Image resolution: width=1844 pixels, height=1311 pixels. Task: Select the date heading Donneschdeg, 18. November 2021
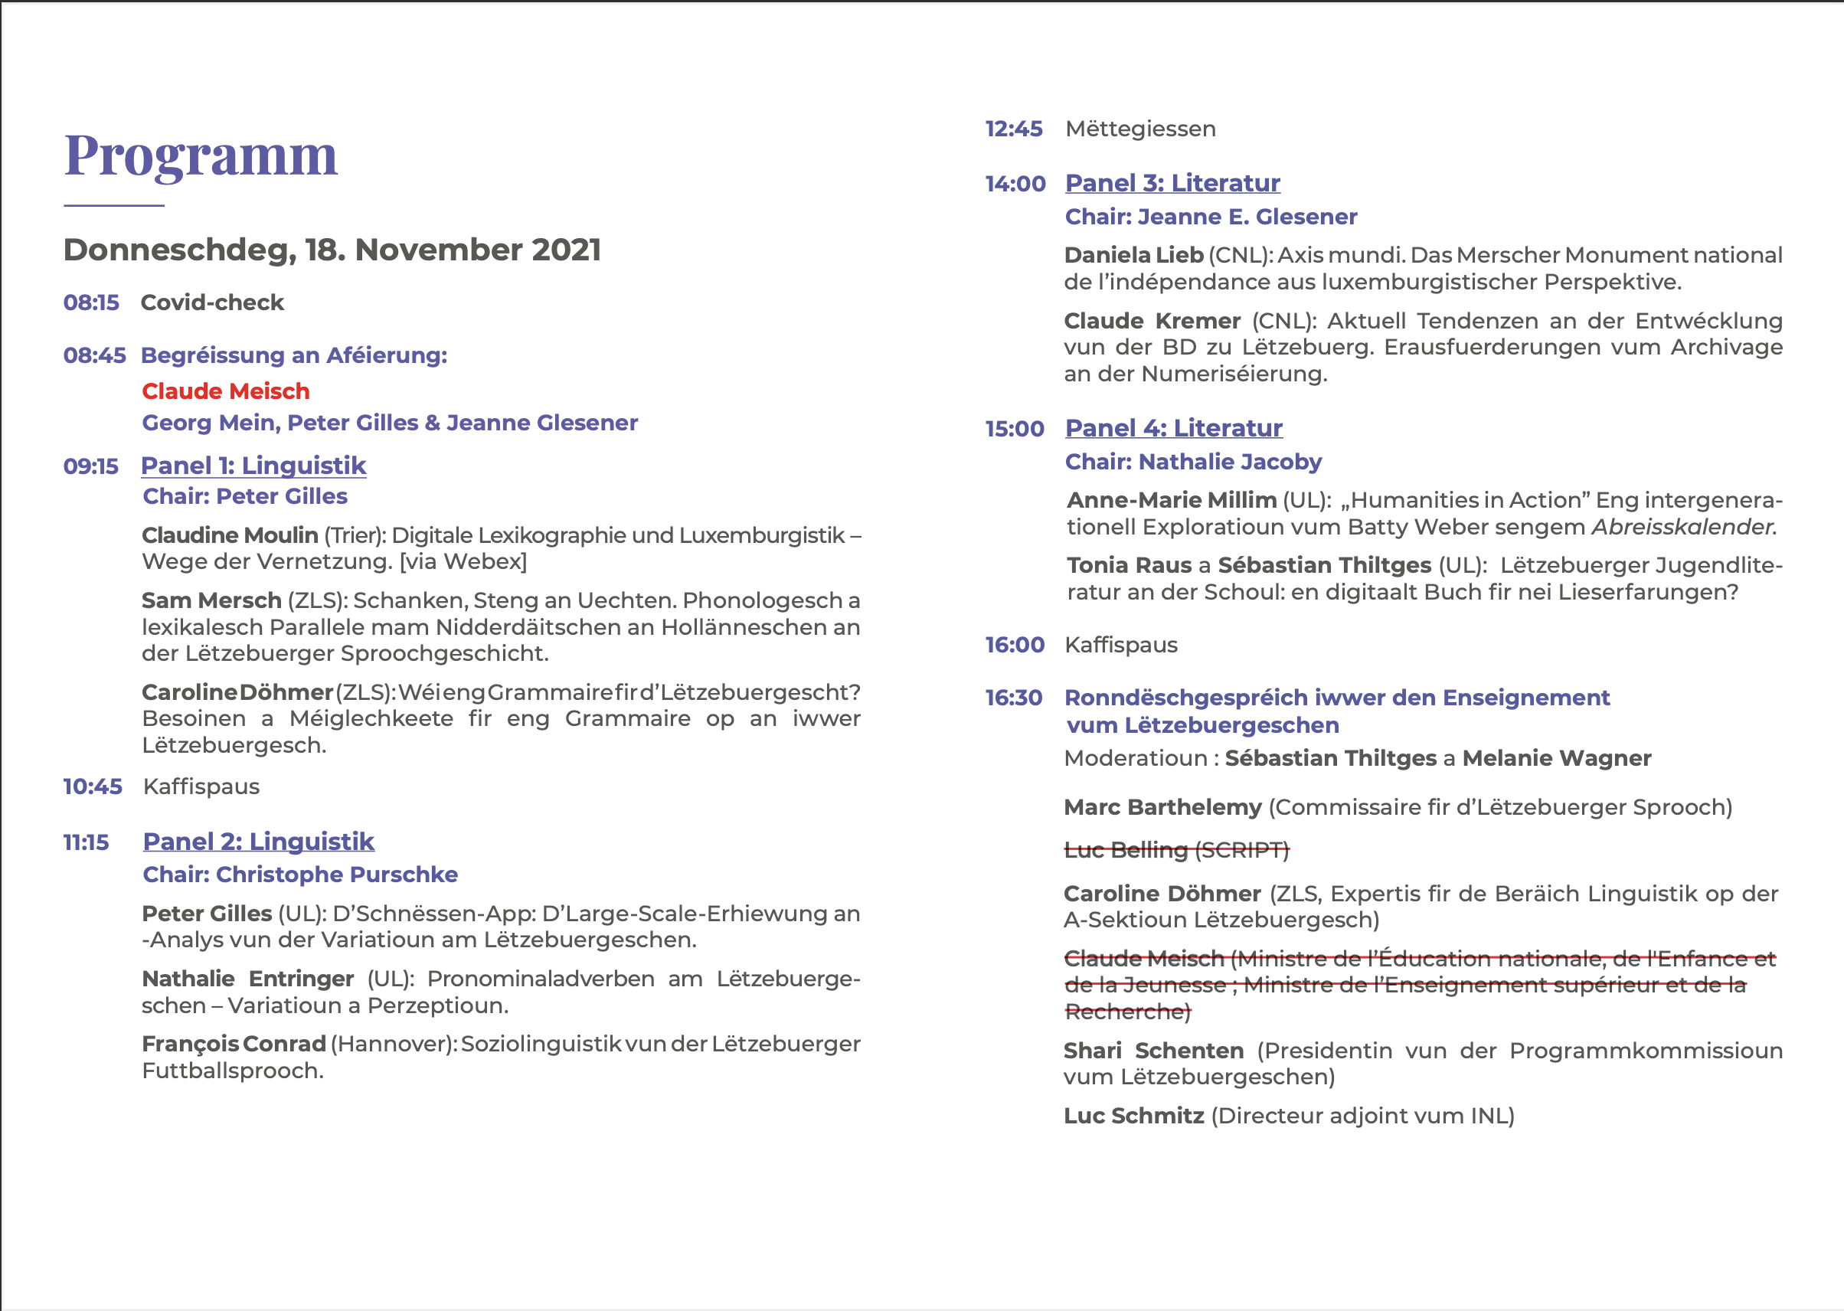pyautogui.click(x=332, y=250)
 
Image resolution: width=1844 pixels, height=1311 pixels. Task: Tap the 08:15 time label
pyautogui.click(x=91, y=302)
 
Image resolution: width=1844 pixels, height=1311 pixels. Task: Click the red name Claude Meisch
pyautogui.click(x=226, y=391)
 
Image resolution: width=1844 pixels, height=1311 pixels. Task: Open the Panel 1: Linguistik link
pyautogui.click(x=253, y=466)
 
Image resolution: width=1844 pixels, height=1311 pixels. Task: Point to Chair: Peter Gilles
pyautogui.click(x=244, y=496)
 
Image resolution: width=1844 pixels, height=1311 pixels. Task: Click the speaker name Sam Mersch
pyautogui.click(x=211, y=600)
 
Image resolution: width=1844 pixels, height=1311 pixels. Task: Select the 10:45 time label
pyautogui.click(x=93, y=787)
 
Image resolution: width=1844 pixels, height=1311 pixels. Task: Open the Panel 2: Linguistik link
pyautogui.click(x=258, y=842)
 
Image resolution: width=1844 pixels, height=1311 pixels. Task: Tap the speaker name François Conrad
pyautogui.click(x=234, y=1045)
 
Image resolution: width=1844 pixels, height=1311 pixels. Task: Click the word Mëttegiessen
pyautogui.click(x=1140, y=129)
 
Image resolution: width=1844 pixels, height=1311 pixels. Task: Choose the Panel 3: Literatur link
pyautogui.click(x=1172, y=183)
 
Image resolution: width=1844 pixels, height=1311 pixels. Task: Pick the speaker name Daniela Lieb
pyautogui.click(x=1133, y=255)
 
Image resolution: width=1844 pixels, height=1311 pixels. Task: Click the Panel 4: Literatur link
pyautogui.click(x=1174, y=429)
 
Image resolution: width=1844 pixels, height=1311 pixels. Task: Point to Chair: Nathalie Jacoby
pyautogui.click(x=1193, y=462)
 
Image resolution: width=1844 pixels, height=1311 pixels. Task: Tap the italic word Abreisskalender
pyautogui.click(x=1682, y=527)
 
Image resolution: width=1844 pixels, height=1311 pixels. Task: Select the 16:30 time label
pyautogui.click(x=1014, y=698)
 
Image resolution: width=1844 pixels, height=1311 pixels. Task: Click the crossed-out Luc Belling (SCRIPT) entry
pyautogui.click(x=1176, y=850)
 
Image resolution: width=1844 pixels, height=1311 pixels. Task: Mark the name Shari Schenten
pyautogui.click(x=1153, y=1051)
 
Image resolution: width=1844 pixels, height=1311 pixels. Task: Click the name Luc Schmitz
pyautogui.click(x=1133, y=1116)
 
